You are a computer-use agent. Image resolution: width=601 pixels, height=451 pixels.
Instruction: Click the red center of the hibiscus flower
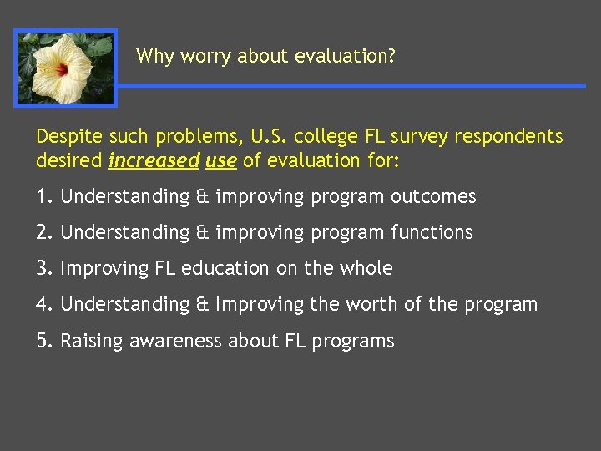(62, 70)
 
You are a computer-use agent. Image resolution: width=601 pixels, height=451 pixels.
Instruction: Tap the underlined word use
(221, 160)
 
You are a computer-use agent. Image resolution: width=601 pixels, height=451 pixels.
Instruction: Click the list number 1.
(42, 197)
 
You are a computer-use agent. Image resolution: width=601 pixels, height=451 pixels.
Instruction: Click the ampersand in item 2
(203, 233)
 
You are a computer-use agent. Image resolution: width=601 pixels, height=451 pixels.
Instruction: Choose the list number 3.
(42, 269)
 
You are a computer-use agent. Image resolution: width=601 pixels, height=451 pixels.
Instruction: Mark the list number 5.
(42, 341)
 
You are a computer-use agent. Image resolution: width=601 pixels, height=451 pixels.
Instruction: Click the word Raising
(93, 342)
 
